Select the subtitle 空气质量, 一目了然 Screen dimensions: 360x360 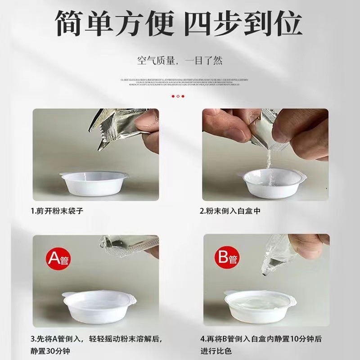(x=180, y=60)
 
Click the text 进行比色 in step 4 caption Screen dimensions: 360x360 (x=216, y=351)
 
